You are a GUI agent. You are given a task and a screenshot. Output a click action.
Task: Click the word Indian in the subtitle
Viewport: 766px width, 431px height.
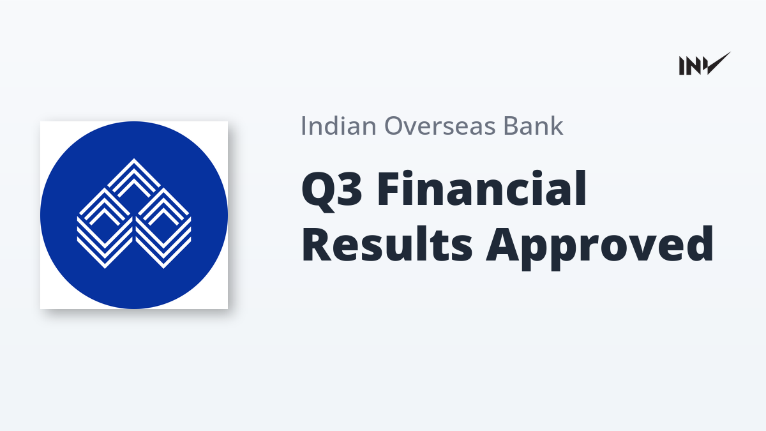click(338, 126)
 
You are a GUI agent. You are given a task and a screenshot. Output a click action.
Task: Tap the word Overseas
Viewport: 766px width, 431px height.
click(440, 126)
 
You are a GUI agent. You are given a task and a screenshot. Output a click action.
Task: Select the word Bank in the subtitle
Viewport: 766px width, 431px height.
click(533, 125)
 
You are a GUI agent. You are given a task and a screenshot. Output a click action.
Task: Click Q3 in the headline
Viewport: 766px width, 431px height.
click(331, 190)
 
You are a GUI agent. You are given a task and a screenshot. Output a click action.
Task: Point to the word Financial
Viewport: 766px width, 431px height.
click(482, 188)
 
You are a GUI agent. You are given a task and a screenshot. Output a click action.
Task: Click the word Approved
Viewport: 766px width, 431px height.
click(599, 247)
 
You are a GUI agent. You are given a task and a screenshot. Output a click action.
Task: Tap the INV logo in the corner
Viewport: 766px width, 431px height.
click(705, 63)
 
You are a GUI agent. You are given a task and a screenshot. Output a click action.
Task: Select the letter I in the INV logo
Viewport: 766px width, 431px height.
click(682, 66)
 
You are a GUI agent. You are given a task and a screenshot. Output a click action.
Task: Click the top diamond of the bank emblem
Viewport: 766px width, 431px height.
click(134, 178)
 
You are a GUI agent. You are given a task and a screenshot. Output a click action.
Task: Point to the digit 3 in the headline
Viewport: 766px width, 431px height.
click(350, 188)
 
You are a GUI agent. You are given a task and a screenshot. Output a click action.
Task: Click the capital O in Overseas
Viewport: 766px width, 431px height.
click(394, 126)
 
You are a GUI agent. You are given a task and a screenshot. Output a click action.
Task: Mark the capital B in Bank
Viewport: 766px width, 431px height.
click(511, 126)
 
